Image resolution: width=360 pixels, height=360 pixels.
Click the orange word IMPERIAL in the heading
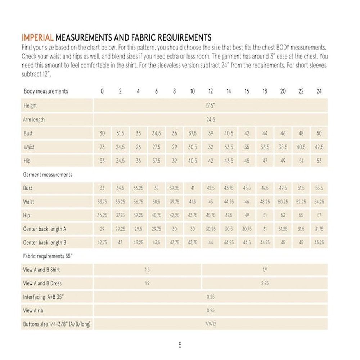[x=37, y=38]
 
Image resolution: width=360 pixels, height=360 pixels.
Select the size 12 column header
[x=211, y=91]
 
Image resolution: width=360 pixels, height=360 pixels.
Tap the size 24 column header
[x=319, y=91]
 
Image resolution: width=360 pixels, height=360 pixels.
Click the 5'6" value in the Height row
[x=211, y=106]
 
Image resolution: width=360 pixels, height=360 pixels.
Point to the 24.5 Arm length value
[x=211, y=120]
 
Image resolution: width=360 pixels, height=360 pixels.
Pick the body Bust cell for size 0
[x=102, y=133]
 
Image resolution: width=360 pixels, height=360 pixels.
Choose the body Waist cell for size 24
[x=319, y=147]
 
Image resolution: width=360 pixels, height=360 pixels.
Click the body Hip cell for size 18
[x=265, y=161]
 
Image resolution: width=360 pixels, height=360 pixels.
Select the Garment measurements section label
[x=48, y=175]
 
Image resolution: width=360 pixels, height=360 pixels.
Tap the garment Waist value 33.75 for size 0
[x=102, y=202]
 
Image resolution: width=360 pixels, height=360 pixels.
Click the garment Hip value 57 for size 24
[x=319, y=216]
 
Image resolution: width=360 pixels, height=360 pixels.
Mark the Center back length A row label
[x=45, y=229]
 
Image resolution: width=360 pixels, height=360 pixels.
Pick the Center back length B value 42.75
[x=102, y=243]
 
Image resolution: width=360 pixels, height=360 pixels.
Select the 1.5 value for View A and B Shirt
[x=147, y=270]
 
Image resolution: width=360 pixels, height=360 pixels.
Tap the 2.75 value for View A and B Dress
[x=265, y=284]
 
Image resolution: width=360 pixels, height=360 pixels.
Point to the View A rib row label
[x=36, y=311]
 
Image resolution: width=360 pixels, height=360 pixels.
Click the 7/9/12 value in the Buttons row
[x=211, y=324]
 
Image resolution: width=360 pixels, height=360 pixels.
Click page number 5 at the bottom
[x=180, y=345]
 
